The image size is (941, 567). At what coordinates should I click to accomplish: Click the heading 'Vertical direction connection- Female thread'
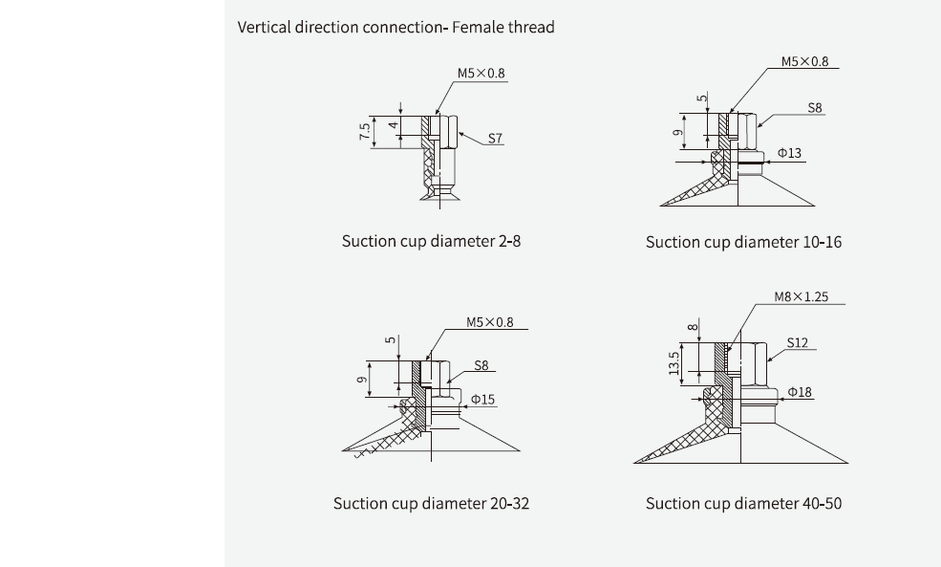(x=396, y=27)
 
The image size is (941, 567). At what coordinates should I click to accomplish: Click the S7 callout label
(x=495, y=138)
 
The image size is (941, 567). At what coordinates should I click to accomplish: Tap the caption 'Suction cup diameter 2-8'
(x=431, y=241)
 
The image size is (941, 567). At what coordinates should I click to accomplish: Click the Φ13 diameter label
(x=789, y=153)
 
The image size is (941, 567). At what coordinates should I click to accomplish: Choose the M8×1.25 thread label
(x=802, y=296)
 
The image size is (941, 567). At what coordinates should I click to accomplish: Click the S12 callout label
(x=797, y=342)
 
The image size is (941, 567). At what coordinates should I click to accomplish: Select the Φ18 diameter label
(x=800, y=391)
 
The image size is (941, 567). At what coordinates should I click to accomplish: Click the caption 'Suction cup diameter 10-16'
(x=743, y=242)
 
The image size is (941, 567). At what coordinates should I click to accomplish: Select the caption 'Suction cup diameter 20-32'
(x=431, y=503)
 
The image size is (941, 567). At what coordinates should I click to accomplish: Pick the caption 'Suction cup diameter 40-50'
(x=743, y=503)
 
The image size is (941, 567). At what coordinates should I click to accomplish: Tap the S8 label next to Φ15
(x=481, y=365)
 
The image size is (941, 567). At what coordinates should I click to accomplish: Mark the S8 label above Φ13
(x=814, y=109)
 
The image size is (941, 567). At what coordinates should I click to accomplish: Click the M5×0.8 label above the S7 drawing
(x=481, y=73)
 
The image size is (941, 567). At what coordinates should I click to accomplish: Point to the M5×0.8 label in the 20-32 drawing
(x=490, y=322)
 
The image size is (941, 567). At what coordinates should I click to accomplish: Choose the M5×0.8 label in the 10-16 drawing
(x=804, y=61)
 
